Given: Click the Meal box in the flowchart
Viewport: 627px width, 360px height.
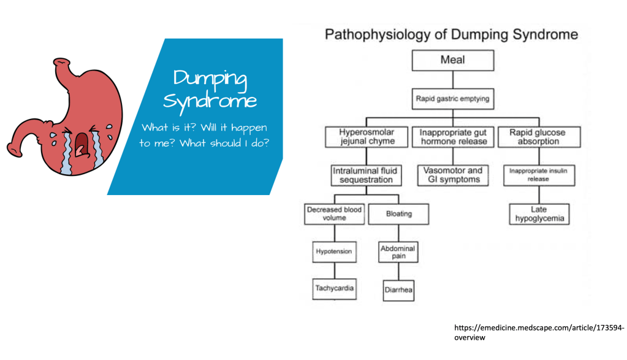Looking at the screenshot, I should coord(452,60).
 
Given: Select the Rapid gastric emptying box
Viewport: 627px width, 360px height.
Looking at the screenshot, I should coord(452,98).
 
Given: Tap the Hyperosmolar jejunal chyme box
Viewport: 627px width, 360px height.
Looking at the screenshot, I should coord(367,137).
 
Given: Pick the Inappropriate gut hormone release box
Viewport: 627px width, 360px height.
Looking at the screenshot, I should coord(453,137).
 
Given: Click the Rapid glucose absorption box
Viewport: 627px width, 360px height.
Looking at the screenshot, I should coord(538,137).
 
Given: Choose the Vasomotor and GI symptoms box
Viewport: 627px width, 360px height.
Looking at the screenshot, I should coord(453,175).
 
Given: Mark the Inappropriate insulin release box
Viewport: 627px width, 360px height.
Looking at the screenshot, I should coord(539,175).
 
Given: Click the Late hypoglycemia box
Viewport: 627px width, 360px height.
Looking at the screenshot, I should coord(539,214).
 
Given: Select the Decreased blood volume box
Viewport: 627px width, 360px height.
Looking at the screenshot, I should coord(334,214).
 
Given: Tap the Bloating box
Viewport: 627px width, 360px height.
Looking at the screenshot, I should coord(398,214).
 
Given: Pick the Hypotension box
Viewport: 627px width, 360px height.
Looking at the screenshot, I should coord(334,252).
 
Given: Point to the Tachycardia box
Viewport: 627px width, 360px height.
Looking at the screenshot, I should coord(334,288).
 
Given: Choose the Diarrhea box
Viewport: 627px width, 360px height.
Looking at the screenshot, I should coord(398,290).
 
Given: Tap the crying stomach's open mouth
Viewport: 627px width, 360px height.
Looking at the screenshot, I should coord(81,143).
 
